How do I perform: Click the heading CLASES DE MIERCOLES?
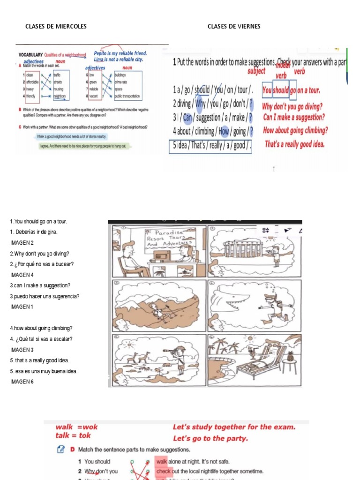56,26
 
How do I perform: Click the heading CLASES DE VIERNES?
234,26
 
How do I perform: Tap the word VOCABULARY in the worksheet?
31,55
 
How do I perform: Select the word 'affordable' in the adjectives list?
32,82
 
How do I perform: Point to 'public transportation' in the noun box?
127,96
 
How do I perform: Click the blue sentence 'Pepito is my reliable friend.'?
120,53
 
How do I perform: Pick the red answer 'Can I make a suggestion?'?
294,117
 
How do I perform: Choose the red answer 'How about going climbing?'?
296,131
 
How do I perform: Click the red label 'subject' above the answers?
256,71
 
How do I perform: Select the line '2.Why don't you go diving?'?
39,254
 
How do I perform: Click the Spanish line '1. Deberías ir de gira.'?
34,232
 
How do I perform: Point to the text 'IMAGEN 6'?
22,382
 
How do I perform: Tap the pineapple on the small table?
290,357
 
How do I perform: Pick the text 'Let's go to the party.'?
210,439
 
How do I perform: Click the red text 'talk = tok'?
73,435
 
